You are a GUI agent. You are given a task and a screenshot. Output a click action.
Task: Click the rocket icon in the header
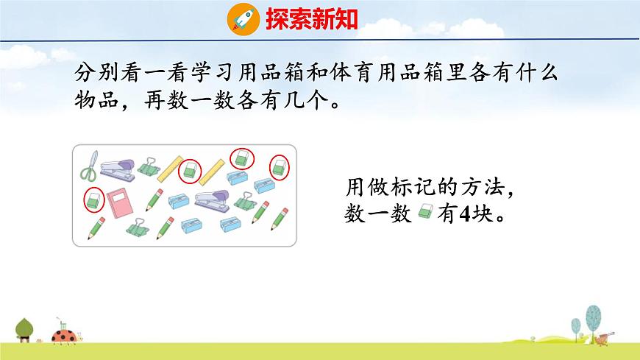[241, 17]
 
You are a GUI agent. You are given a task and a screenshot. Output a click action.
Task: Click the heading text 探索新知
[311, 18]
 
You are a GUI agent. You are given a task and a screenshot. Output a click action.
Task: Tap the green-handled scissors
[89, 168]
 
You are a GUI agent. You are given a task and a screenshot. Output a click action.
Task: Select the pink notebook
[120, 204]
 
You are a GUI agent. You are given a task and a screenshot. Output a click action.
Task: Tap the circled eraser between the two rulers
[191, 169]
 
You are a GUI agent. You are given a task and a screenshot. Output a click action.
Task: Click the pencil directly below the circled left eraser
[96, 229]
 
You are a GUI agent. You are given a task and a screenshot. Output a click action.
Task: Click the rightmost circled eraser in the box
[280, 166]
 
